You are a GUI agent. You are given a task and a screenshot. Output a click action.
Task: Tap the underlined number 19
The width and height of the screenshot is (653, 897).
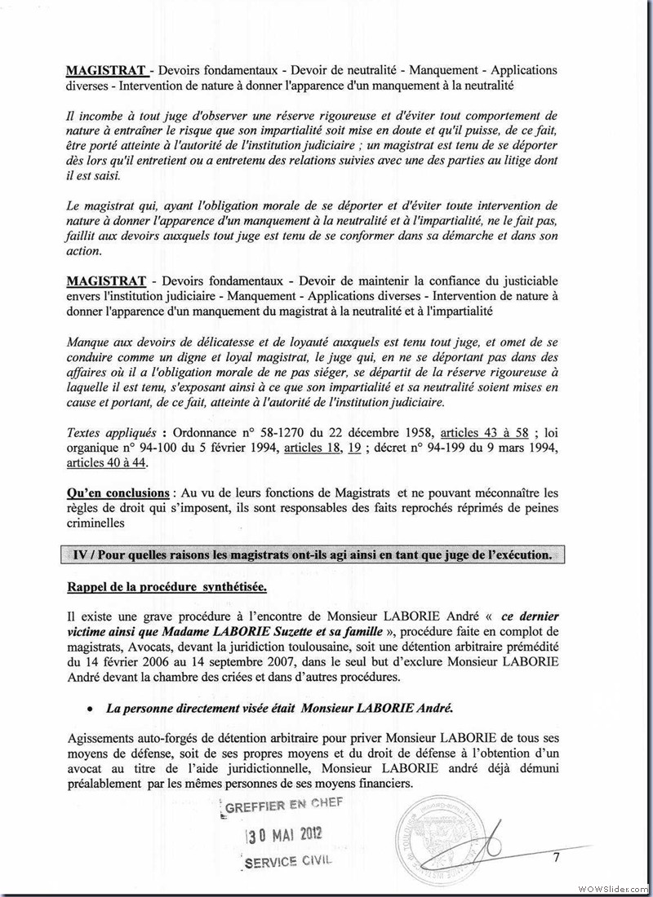click(x=354, y=448)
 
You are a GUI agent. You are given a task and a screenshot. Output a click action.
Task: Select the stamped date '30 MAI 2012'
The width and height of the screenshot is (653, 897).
click(x=285, y=833)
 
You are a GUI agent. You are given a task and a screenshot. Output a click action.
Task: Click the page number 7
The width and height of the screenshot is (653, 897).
click(x=555, y=857)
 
